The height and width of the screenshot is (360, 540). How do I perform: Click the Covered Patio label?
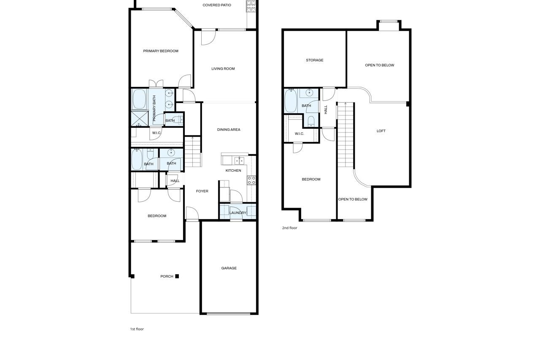coord(217,5)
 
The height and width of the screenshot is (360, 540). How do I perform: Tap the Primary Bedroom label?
coord(161,51)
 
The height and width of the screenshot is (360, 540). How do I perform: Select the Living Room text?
coord(223,69)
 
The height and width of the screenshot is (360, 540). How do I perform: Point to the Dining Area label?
coord(229,130)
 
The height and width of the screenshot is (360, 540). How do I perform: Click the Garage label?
coord(229,268)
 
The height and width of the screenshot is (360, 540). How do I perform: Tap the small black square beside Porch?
coord(177,276)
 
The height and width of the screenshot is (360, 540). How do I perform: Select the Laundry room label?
coord(238,213)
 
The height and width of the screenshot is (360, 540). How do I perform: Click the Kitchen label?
coord(233,171)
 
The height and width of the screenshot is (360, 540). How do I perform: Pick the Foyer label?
coord(202,191)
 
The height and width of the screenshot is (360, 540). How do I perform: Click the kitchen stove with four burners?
coord(251,180)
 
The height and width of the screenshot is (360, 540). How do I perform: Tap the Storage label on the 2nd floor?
coord(315,60)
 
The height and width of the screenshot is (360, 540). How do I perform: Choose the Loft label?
coord(381,131)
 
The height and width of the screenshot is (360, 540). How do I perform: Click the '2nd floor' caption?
coord(289,228)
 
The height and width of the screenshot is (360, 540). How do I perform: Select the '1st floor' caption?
coord(137,329)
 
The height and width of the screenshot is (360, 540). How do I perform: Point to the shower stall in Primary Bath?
coord(140,119)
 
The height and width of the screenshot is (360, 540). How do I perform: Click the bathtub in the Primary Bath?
coord(139,99)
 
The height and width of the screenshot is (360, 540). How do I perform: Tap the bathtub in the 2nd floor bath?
coord(291,100)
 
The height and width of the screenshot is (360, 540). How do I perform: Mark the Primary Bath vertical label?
coord(154,108)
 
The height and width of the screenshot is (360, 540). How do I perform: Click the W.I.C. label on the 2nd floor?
coord(299,134)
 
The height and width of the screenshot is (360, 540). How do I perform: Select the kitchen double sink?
coord(239,160)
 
